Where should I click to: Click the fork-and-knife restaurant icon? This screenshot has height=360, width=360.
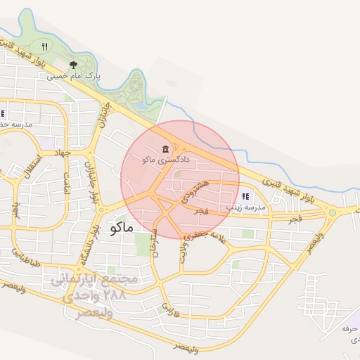point(44,46)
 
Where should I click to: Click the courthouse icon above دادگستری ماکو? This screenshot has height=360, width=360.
point(165,149)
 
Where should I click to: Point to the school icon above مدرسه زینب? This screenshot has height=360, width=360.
point(245,196)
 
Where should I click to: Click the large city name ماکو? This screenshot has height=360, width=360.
point(122,227)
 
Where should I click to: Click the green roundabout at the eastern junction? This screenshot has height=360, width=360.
point(332,212)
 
